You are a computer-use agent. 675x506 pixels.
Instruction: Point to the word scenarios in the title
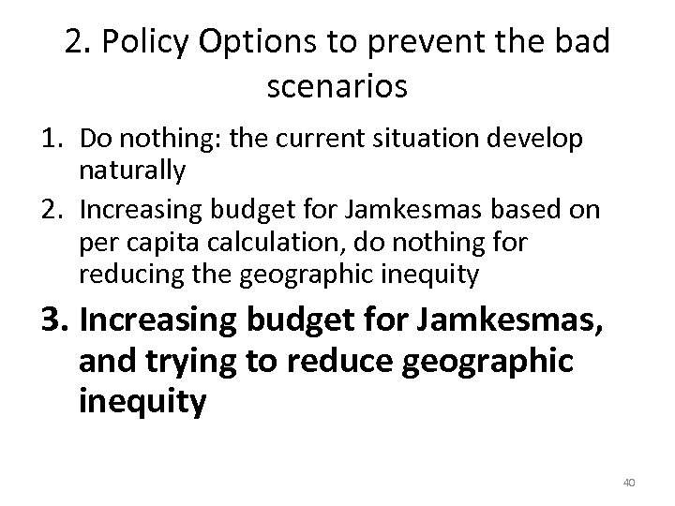tap(337, 88)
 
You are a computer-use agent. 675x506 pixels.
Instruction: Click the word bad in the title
tap(587, 43)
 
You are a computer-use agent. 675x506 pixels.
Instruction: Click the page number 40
tap(629, 482)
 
